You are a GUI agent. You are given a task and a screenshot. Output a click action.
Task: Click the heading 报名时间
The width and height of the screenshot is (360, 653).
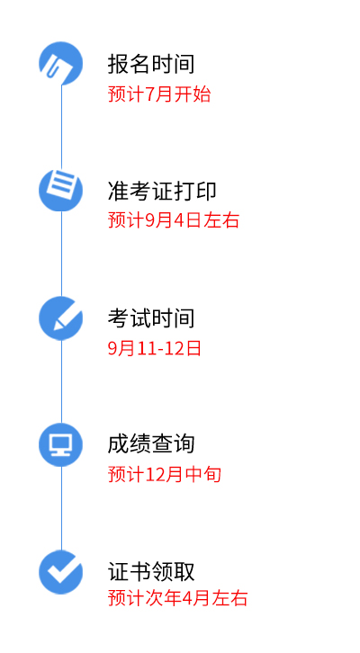(x=151, y=64)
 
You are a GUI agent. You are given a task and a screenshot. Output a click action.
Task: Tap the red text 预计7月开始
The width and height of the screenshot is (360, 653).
(x=159, y=94)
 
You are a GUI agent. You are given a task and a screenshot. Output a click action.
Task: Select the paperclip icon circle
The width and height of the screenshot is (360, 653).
(x=61, y=63)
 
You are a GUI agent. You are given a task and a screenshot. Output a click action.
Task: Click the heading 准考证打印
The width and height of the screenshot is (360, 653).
(x=162, y=191)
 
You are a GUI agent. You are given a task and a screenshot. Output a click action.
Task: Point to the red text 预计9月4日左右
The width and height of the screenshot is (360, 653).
(x=174, y=219)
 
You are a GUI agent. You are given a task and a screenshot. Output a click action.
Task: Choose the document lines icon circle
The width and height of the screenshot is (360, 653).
(x=61, y=190)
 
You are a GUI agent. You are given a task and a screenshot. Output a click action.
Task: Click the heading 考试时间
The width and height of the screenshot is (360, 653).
(x=151, y=318)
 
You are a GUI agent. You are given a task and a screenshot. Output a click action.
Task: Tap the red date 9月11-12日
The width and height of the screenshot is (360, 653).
(x=155, y=348)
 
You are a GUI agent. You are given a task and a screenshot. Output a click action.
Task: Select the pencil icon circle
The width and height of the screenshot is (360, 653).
(x=61, y=318)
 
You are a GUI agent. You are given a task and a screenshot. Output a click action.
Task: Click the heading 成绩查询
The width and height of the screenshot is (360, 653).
(x=151, y=444)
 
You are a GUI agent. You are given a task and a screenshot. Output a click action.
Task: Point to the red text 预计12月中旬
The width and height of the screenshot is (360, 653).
(x=165, y=474)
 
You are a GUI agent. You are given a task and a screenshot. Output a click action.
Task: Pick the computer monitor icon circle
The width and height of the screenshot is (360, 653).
(x=61, y=444)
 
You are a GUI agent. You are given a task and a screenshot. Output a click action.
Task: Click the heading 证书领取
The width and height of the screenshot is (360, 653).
(x=151, y=571)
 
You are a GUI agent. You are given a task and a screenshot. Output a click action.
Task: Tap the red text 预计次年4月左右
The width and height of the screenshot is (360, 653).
(x=178, y=598)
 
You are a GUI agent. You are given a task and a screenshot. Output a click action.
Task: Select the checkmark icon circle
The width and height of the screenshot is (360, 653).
(x=61, y=572)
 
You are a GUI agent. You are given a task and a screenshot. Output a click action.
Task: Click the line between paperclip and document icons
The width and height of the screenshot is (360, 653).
(x=62, y=127)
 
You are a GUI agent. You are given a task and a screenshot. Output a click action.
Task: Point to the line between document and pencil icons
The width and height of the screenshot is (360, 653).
(x=62, y=254)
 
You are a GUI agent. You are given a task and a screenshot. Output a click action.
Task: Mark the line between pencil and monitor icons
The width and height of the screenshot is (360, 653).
(x=62, y=381)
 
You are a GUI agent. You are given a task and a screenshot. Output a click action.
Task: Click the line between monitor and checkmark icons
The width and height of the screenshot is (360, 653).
(x=62, y=508)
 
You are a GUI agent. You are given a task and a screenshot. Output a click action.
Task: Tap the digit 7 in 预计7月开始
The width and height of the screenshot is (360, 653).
(x=149, y=94)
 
